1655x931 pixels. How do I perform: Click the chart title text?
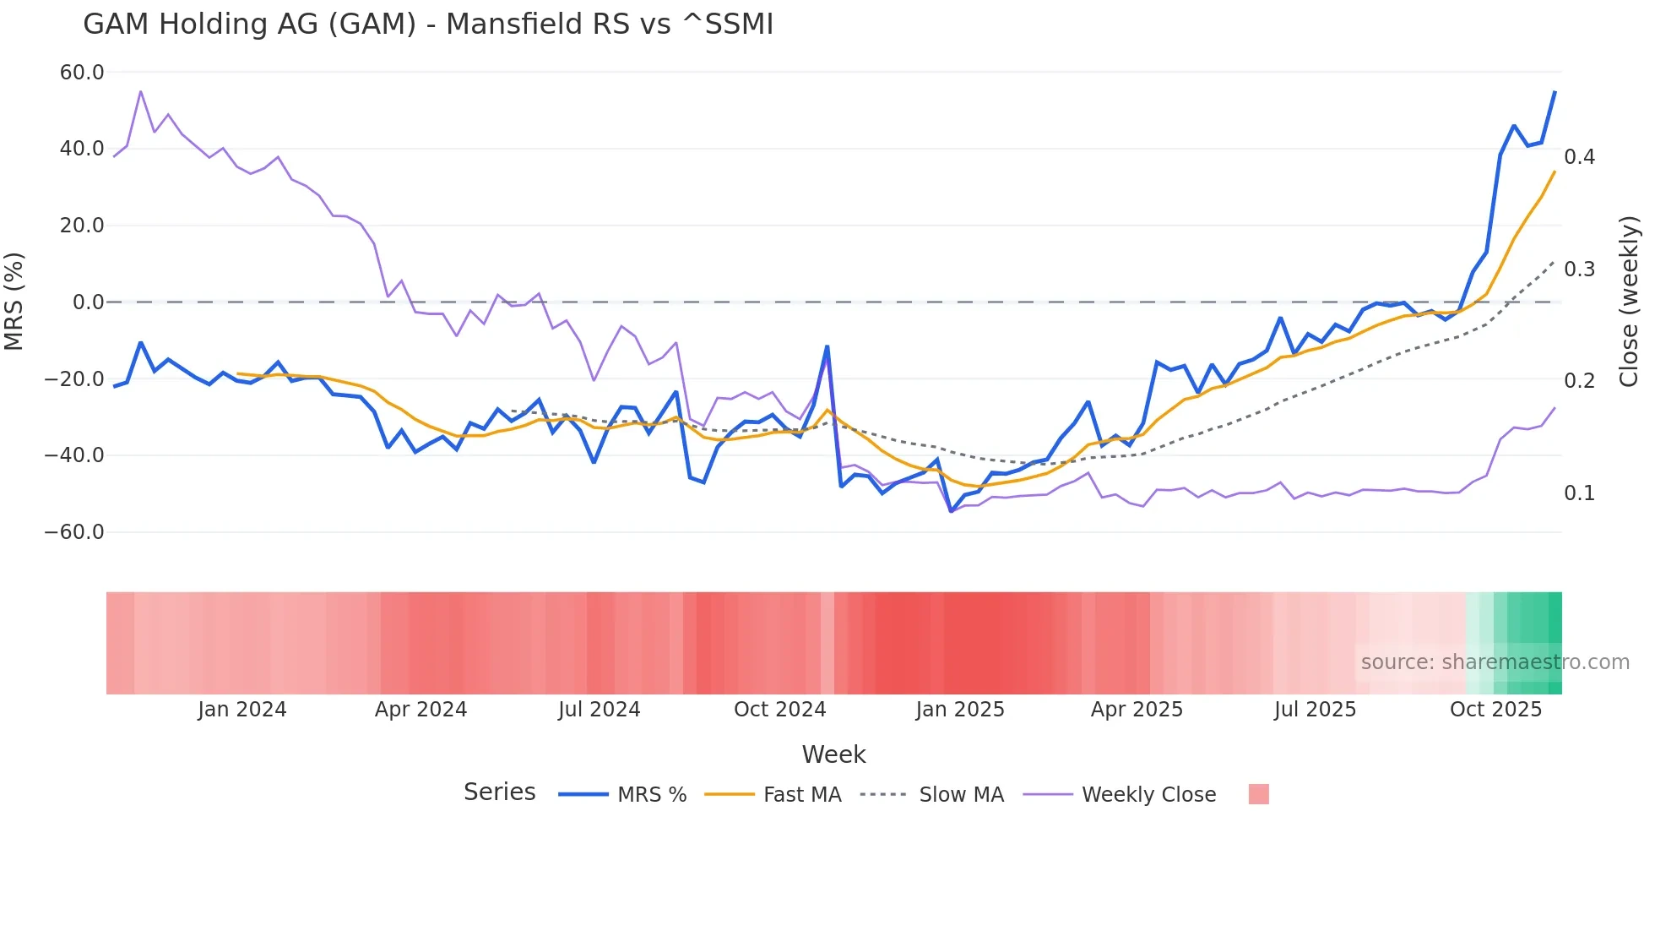click(x=428, y=24)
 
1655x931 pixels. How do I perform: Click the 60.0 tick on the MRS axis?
click(x=82, y=73)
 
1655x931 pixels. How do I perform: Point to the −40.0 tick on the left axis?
click(x=74, y=455)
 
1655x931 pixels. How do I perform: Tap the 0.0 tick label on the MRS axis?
click(x=88, y=302)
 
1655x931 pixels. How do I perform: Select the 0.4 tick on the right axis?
click(x=1579, y=157)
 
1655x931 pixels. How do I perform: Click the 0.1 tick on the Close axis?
click(x=1579, y=493)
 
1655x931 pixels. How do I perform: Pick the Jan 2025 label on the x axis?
click(x=960, y=710)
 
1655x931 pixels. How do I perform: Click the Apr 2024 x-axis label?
click(x=421, y=710)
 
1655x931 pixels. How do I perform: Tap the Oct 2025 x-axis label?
click(x=1495, y=710)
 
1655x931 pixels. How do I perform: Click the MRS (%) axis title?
click(x=14, y=302)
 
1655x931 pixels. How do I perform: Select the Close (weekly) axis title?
click(x=1629, y=302)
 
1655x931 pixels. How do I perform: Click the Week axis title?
click(x=833, y=754)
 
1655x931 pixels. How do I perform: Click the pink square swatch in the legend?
click(x=1258, y=794)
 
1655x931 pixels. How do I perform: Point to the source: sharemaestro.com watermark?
click(x=1495, y=662)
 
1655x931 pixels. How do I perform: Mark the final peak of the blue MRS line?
click(x=1555, y=92)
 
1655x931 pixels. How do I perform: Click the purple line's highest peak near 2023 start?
click(x=141, y=91)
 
